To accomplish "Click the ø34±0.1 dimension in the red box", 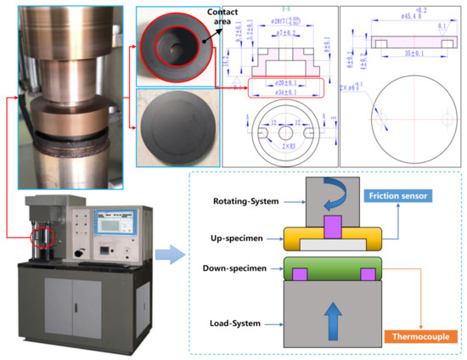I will click(285, 92).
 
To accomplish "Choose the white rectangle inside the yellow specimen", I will click(328, 245).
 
